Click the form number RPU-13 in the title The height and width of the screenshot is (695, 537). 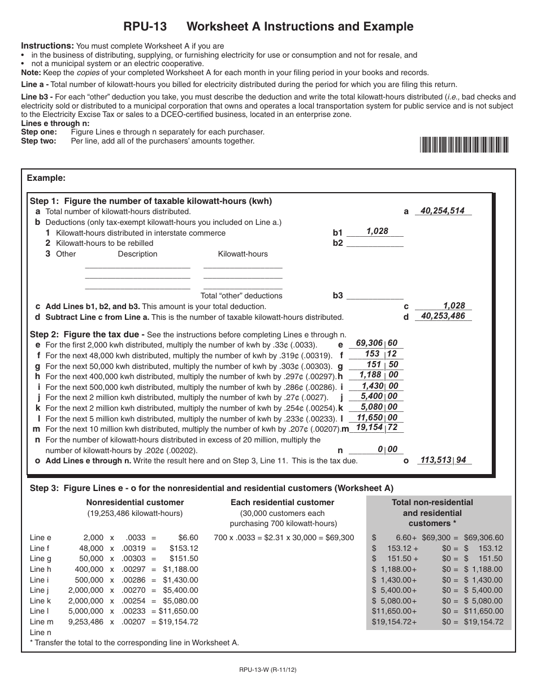[x=145, y=27]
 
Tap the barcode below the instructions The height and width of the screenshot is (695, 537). [x=464, y=145]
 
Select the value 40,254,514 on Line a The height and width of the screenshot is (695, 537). [x=443, y=211]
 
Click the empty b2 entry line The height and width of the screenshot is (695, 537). [x=375, y=244]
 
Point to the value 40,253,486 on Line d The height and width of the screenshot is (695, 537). [x=443, y=316]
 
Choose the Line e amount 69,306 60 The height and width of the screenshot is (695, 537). [x=376, y=343]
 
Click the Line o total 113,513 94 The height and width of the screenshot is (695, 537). [x=443, y=460]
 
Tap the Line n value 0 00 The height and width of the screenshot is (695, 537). [x=387, y=450]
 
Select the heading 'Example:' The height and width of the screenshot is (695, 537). [x=46, y=178]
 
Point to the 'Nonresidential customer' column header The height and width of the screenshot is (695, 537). [x=135, y=502]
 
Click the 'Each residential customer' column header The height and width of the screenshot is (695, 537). [x=282, y=502]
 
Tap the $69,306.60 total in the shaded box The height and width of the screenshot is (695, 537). [x=483, y=538]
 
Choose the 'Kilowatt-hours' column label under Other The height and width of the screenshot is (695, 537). [x=242, y=254]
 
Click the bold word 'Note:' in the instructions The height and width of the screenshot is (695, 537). [x=31, y=72]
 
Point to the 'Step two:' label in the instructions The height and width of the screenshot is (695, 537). [x=39, y=141]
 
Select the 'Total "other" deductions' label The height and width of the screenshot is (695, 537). [x=241, y=296]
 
